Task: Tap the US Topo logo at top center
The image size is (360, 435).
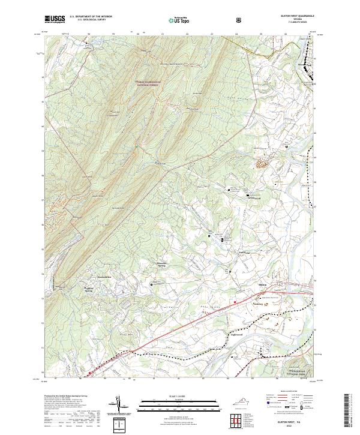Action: click(x=181, y=20)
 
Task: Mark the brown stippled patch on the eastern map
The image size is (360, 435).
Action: click(x=263, y=163)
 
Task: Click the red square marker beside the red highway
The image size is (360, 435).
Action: click(x=235, y=302)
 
